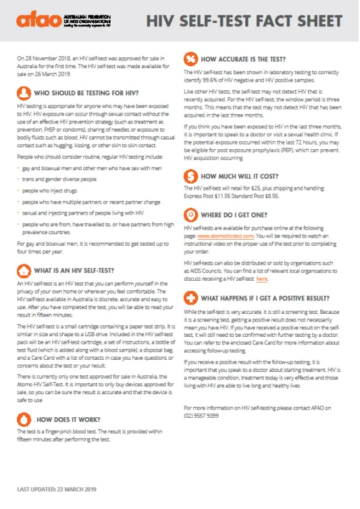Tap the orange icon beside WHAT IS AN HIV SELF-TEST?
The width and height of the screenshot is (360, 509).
tap(23, 270)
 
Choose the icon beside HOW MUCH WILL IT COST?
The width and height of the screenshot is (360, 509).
tap(190, 177)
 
